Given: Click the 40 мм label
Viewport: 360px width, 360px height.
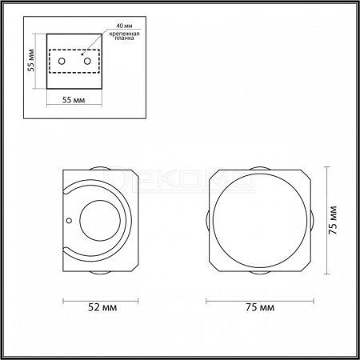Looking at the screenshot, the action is click(124, 26).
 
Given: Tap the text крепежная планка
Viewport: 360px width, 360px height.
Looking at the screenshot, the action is click(124, 36).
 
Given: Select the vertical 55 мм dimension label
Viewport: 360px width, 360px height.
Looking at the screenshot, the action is click(31, 60).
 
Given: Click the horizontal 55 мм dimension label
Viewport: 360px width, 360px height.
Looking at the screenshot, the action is click(74, 100).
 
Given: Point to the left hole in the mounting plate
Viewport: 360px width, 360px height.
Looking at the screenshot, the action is click(62, 62).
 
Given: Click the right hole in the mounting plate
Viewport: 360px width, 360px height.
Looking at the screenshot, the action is click(87, 62).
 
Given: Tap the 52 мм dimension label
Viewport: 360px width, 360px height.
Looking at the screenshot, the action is click(102, 307).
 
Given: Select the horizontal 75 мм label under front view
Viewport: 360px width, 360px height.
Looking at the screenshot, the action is click(260, 307).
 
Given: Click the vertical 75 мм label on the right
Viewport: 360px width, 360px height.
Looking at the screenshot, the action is click(333, 220).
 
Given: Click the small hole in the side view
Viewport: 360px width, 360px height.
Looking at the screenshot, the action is click(69, 221).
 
